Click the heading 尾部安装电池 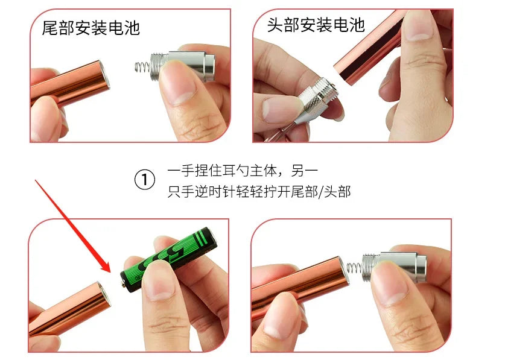pos(91,28)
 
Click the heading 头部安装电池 pos(316,25)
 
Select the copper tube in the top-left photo pos(69,84)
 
